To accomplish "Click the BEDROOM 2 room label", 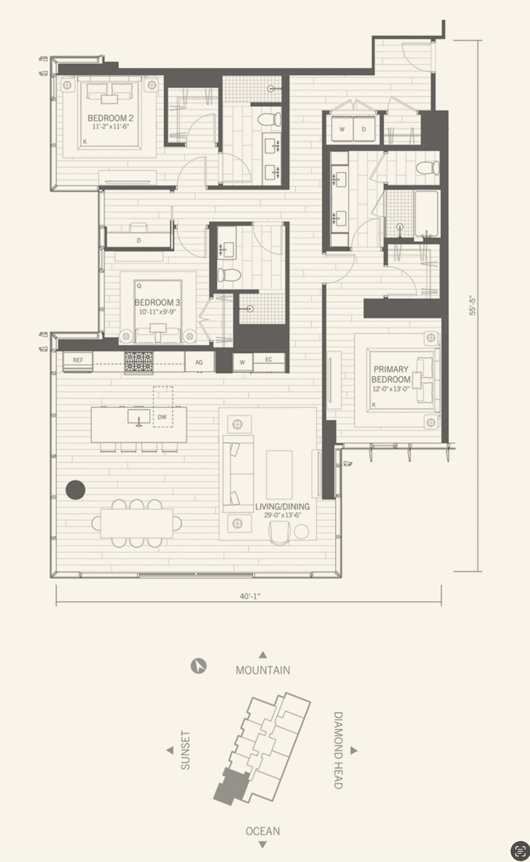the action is [x=110, y=118].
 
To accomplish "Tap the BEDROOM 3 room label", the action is [x=157, y=302].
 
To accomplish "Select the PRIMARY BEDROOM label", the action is [x=391, y=374].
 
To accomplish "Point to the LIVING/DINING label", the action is [x=282, y=507].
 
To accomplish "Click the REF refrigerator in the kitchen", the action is [x=78, y=360].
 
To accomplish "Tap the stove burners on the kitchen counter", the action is [x=139, y=362].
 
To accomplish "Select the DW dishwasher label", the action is [x=162, y=417].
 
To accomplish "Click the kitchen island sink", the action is [x=139, y=417].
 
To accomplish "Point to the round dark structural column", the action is [x=76, y=490].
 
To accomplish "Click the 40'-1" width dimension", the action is [x=250, y=596].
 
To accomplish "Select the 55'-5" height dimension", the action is [x=473, y=305].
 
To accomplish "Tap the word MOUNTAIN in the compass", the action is [x=263, y=670].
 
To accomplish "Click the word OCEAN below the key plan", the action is [x=263, y=831].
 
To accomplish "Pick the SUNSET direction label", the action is [x=185, y=750].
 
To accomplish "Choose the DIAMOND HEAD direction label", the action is [x=338, y=750].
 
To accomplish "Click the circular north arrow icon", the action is [x=198, y=666].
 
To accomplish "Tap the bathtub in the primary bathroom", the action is [x=426, y=215].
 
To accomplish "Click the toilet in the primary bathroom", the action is [x=426, y=168].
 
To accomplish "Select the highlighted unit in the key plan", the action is [x=231, y=787].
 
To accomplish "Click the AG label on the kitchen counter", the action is [x=199, y=362].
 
